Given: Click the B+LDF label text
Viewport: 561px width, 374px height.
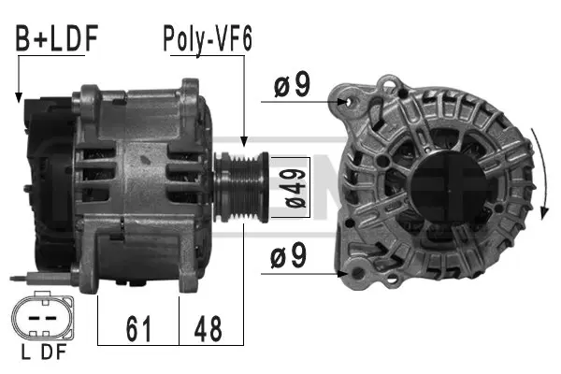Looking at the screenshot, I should point(55,38).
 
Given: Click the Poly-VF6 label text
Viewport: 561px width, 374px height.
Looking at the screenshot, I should point(208,38).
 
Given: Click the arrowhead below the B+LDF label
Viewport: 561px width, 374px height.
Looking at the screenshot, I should point(18,96).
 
